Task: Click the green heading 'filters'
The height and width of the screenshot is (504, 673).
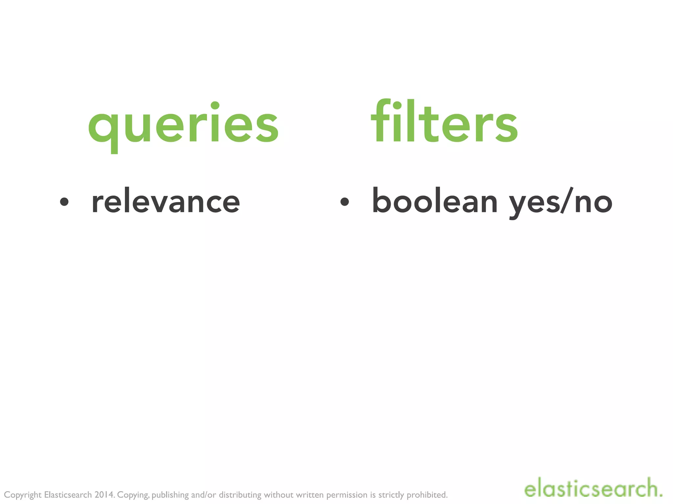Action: click(x=444, y=122)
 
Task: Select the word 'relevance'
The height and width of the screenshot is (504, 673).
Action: click(x=166, y=201)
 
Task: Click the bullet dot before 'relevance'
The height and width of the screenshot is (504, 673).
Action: click(x=64, y=202)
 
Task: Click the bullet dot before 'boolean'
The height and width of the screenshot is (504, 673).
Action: click(x=344, y=202)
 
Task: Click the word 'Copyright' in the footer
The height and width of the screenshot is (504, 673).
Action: click(x=23, y=495)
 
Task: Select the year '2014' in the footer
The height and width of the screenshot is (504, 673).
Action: click(x=104, y=494)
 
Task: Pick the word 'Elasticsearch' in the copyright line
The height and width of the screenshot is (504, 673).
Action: click(x=68, y=494)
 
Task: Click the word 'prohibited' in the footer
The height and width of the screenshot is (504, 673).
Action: click(x=427, y=494)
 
